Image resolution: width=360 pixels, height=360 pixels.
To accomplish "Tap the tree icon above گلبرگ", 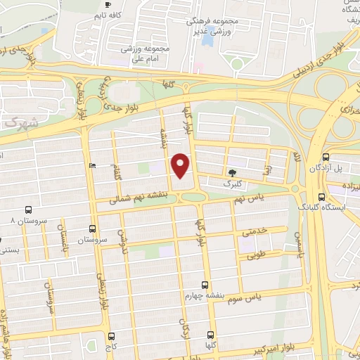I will (231, 172).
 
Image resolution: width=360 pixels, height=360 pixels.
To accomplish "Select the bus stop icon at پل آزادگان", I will (326, 157).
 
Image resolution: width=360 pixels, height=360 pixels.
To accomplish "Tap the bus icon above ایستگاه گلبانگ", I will (321, 197).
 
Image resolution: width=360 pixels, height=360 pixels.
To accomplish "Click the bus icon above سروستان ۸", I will (28, 210).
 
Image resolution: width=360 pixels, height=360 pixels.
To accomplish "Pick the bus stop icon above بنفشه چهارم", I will (205, 285).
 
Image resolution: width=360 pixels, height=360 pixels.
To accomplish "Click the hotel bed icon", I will (93, 165).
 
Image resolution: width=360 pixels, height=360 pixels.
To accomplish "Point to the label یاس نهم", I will (248, 199).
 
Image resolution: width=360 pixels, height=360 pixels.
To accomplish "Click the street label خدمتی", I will (254, 230).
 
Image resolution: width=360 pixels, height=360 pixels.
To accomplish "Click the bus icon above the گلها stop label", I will (210, 336).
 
